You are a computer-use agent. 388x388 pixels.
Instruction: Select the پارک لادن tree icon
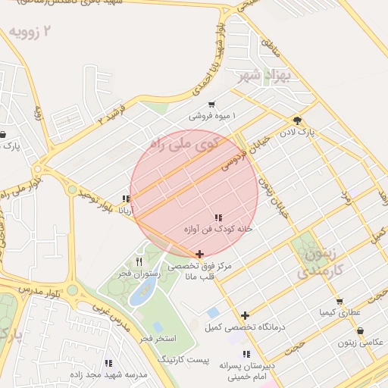pos(296,120)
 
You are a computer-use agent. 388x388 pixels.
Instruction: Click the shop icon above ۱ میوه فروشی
pos(211,105)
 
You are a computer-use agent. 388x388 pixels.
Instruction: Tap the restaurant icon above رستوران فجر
pos(138,261)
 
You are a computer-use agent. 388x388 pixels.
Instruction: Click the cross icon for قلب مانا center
pos(199,255)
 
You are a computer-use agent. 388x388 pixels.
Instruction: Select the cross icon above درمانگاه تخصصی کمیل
pos(245,315)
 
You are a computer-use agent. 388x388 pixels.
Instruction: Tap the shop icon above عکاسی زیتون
pos(359,331)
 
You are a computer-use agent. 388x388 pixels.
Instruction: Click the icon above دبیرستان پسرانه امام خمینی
pos(245,354)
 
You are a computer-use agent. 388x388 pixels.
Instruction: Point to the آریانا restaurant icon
pos(125,199)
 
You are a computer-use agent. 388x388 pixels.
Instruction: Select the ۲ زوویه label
pos(33,31)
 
